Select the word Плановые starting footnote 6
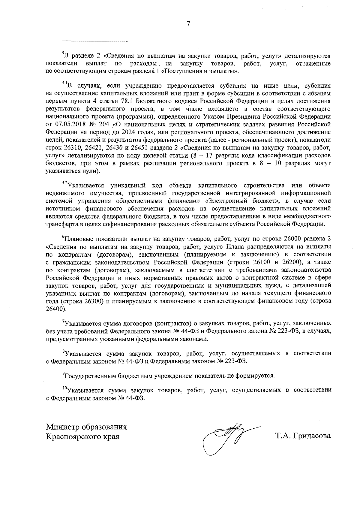[x=78, y=239]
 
